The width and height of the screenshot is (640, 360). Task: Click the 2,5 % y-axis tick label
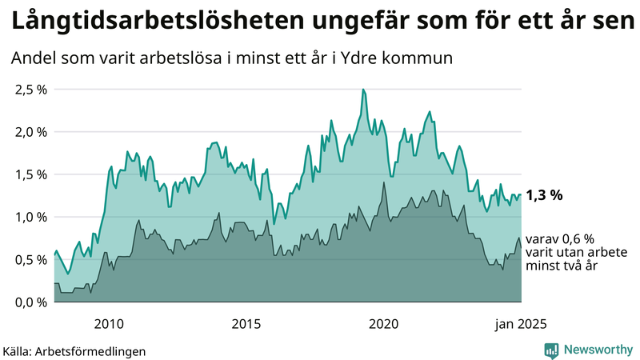31,89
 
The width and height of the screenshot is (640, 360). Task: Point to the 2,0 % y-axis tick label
31,131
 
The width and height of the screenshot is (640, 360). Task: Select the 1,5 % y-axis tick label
31,174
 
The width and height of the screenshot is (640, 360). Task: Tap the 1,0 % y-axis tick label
31,217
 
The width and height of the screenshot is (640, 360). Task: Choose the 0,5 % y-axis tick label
31,259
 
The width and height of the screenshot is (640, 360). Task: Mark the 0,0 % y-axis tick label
31,302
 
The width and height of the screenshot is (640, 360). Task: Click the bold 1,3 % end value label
545,194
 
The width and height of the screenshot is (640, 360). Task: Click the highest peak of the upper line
363,90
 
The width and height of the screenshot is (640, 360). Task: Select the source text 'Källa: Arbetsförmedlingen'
75,350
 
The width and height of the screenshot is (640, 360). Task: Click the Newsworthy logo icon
551,350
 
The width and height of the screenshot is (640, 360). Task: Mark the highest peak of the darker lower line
385,182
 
